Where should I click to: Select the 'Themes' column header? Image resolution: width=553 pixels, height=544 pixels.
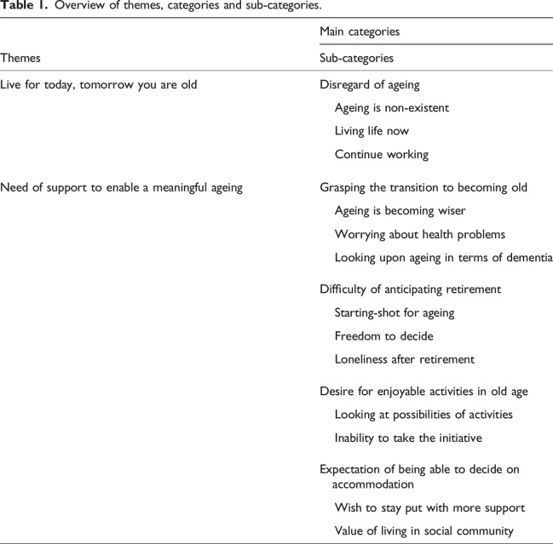click(22, 58)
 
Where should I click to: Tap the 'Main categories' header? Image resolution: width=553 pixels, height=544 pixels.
click(360, 31)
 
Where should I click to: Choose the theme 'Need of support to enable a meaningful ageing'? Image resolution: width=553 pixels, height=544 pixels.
click(122, 187)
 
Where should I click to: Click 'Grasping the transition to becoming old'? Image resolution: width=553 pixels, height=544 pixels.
click(423, 187)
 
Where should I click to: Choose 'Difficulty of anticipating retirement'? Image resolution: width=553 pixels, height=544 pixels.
click(410, 289)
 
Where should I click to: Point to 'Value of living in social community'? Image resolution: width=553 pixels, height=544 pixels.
click(423, 531)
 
